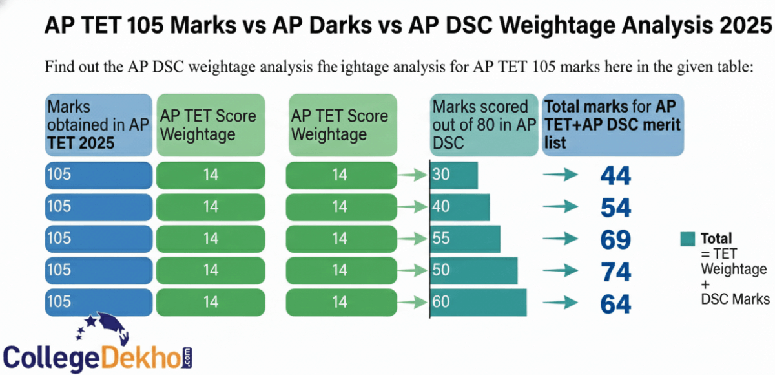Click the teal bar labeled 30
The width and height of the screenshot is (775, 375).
pyautogui.click(x=455, y=176)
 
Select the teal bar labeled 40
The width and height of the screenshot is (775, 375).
pyautogui.click(x=460, y=208)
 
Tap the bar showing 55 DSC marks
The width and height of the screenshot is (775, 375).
pyautogui.click(x=466, y=239)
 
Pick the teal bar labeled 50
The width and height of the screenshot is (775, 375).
pyautogui.click(x=474, y=270)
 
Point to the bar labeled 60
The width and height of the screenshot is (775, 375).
pyautogui.click(x=479, y=303)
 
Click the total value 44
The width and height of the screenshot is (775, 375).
pyautogui.click(x=614, y=176)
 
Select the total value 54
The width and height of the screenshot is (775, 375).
pyautogui.click(x=614, y=208)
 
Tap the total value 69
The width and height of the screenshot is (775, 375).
pyautogui.click(x=614, y=239)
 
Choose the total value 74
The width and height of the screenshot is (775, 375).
pyautogui.click(x=614, y=272)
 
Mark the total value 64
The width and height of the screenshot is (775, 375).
pyautogui.click(x=614, y=303)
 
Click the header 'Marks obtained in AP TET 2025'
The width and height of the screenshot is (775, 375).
pyautogui.click(x=98, y=125)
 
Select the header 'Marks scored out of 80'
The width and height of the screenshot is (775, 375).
pyautogui.click(x=484, y=125)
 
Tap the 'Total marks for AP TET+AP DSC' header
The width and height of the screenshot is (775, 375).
pyautogui.click(x=612, y=125)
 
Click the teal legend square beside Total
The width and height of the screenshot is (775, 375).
pyautogui.click(x=687, y=239)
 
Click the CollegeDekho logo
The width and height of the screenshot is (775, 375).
pyautogui.click(x=97, y=346)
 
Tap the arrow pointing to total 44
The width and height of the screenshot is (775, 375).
pyautogui.click(x=559, y=176)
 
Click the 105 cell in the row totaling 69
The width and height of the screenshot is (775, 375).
pyautogui.click(x=98, y=239)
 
